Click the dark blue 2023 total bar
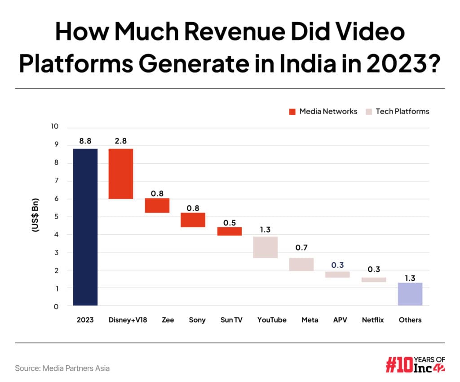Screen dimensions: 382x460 (x=85, y=227)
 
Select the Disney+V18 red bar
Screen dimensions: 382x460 (x=121, y=174)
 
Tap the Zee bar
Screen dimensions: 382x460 (x=157, y=205)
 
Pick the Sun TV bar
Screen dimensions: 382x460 (x=230, y=231)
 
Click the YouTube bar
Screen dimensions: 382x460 (x=265, y=247)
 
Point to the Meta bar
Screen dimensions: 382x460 (x=301, y=265)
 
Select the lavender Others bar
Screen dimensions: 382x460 (x=410, y=294)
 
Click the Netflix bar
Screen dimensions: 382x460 (x=374, y=279)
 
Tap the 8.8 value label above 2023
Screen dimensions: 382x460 (x=85, y=141)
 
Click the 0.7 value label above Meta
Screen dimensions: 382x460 (x=301, y=248)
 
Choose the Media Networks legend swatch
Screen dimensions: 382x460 (x=292, y=112)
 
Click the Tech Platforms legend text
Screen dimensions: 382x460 (x=402, y=112)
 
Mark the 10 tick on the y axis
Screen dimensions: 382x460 (x=55, y=126)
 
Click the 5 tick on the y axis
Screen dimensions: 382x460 (x=56, y=216)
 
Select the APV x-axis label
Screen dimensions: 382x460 (x=338, y=320)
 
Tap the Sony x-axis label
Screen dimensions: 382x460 (x=197, y=320)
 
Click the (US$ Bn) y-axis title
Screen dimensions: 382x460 (x=35, y=215)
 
